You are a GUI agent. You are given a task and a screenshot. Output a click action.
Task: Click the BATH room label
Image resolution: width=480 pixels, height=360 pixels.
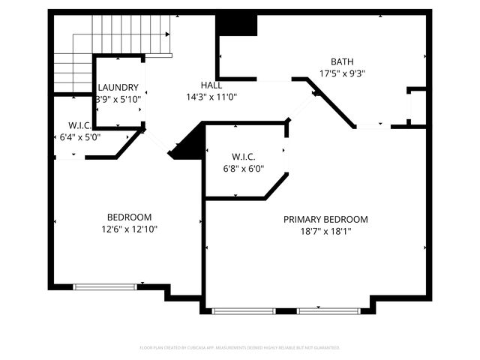342,61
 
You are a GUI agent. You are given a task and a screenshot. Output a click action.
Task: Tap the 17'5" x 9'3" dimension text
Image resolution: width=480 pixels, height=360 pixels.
342,73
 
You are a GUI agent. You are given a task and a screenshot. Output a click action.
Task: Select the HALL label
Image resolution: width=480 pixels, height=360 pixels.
211,85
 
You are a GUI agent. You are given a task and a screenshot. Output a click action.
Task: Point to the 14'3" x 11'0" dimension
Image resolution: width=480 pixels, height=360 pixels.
211,97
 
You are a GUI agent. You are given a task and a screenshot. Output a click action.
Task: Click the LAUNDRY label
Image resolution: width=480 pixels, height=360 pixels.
118,88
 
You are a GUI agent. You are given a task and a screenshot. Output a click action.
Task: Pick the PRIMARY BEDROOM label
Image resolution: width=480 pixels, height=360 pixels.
325,219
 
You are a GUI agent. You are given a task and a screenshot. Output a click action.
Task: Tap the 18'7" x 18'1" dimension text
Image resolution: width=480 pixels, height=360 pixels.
325,231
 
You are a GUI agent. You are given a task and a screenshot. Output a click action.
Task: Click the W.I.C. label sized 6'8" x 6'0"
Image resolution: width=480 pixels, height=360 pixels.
244,157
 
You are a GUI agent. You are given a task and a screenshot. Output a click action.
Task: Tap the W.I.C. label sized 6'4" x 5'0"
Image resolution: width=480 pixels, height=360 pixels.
79,125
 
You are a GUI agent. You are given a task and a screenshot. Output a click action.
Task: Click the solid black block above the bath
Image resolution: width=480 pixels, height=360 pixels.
237,25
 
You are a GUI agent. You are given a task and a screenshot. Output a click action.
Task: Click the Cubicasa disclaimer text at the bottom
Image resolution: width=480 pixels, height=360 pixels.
240,348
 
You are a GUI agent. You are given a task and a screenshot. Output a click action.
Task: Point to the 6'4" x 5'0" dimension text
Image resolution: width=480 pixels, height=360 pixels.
79,137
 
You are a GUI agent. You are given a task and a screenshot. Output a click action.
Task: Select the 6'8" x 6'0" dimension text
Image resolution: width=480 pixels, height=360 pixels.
244,169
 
